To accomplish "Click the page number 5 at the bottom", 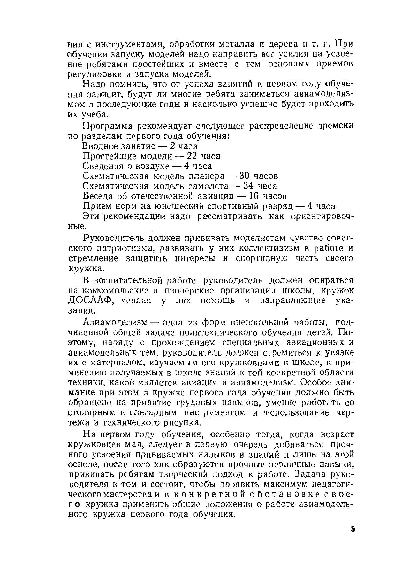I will [x=352, y=529].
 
